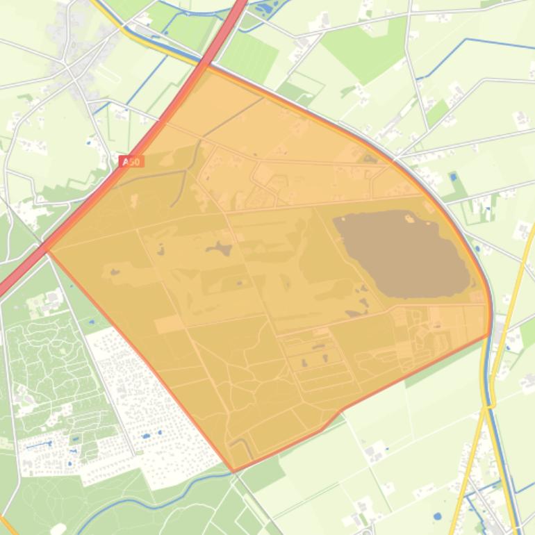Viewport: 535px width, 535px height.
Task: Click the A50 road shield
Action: point(131,162)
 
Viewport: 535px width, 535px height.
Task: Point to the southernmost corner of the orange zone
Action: point(233,471)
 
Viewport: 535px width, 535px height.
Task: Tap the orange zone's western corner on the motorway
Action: point(46,249)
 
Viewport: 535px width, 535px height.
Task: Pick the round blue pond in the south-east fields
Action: point(436,517)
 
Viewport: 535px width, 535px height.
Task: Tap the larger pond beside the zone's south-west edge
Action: point(146,436)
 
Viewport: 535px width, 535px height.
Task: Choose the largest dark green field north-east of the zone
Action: point(361,42)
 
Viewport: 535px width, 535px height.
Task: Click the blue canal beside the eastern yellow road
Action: point(502,445)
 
